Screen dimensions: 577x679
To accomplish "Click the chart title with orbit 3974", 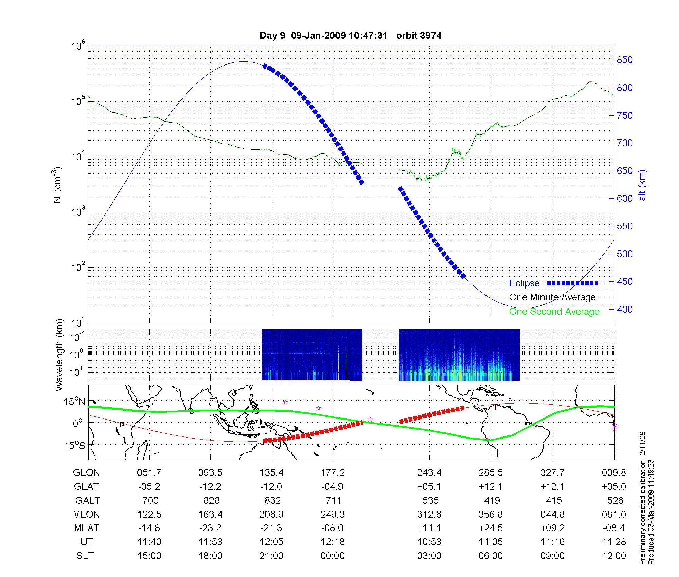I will click(x=350, y=36).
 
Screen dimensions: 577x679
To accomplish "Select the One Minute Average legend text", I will click(x=552, y=297).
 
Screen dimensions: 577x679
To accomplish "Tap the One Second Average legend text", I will click(x=554, y=312).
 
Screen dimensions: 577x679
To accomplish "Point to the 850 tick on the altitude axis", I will click(x=625, y=60).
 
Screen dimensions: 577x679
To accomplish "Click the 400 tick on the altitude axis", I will click(x=625, y=309).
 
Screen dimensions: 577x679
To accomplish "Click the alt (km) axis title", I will click(x=642, y=185).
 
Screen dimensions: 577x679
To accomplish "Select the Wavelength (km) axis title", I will click(x=60, y=355).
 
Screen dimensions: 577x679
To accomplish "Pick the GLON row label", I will click(x=86, y=473).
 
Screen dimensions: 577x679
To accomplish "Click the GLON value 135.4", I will click(x=272, y=473).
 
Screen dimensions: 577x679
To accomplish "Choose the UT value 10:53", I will click(x=429, y=542).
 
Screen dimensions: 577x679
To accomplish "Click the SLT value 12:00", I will click(x=614, y=556).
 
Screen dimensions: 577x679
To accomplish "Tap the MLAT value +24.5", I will click(x=491, y=528).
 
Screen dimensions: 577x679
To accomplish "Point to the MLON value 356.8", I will click(x=491, y=515).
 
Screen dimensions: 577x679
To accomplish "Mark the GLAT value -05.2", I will click(x=149, y=487).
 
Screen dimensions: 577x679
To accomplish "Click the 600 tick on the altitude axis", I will click(x=625, y=199).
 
